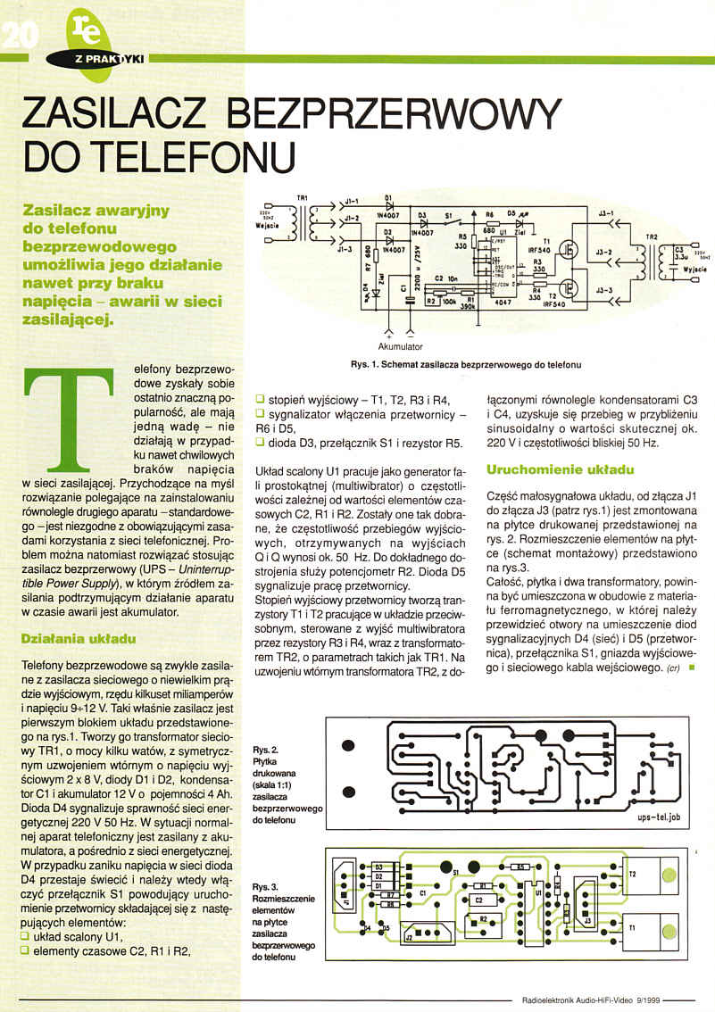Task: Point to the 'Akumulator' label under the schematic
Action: tap(399, 345)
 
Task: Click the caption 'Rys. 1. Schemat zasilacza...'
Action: tap(466, 364)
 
